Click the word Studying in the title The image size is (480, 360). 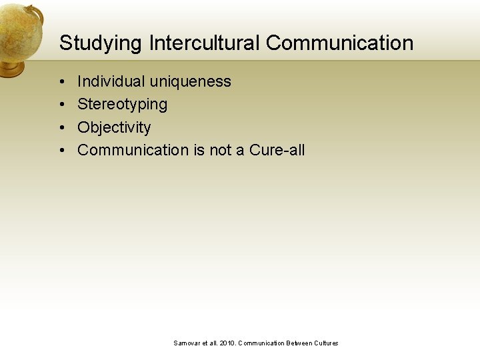pyautogui.click(x=101, y=43)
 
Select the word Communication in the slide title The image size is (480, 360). pyautogui.click(x=339, y=43)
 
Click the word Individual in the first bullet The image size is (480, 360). pyautogui.click(x=111, y=81)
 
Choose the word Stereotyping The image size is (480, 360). pyautogui.click(x=122, y=104)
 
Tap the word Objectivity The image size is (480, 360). pyautogui.click(x=114, y=127)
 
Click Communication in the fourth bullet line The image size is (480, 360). pyautogui.click(x=133, y=150)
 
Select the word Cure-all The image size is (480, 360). pyautogui.click(x=277, y=150)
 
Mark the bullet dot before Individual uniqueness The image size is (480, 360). pyautogui.click(x=61, y=82)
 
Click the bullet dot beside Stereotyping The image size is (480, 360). pyautogui.click(x=61, y=105)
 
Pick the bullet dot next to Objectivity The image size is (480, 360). pyautogui.click(x=61, y=128)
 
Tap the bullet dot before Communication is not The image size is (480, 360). pyautogui.click(x=61, y=151)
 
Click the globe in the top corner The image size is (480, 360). pyautogui.click(x=20, y=30)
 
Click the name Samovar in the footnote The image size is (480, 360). pyautogui.click(x=187, y=343)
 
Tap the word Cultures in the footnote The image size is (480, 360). pyautogui.click(x=325, y=343)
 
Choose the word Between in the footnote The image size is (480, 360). pyautogui.click(x=298, y=343)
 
